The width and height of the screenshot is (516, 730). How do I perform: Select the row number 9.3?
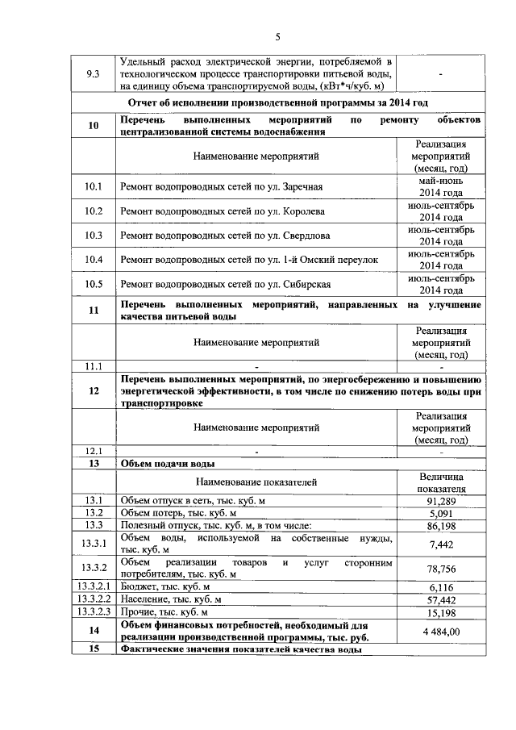point(94,74)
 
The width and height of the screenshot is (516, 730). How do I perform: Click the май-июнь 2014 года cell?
point(441,187)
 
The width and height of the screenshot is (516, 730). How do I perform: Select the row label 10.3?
point(94,236)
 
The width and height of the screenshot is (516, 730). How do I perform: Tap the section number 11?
point(94,311)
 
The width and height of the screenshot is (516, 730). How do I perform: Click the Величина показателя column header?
point(441,482)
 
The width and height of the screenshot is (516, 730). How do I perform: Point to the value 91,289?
point(441,500)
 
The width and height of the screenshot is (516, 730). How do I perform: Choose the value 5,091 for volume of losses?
point(441,512)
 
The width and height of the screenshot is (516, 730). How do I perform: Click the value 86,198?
point(441,525)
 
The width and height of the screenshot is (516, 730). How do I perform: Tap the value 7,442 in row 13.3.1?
point(441,544)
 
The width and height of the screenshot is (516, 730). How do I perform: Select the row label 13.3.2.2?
point(94,600)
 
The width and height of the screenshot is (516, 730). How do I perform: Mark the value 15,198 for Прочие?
point(441,612)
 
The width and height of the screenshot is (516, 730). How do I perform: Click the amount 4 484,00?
point(441,631)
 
